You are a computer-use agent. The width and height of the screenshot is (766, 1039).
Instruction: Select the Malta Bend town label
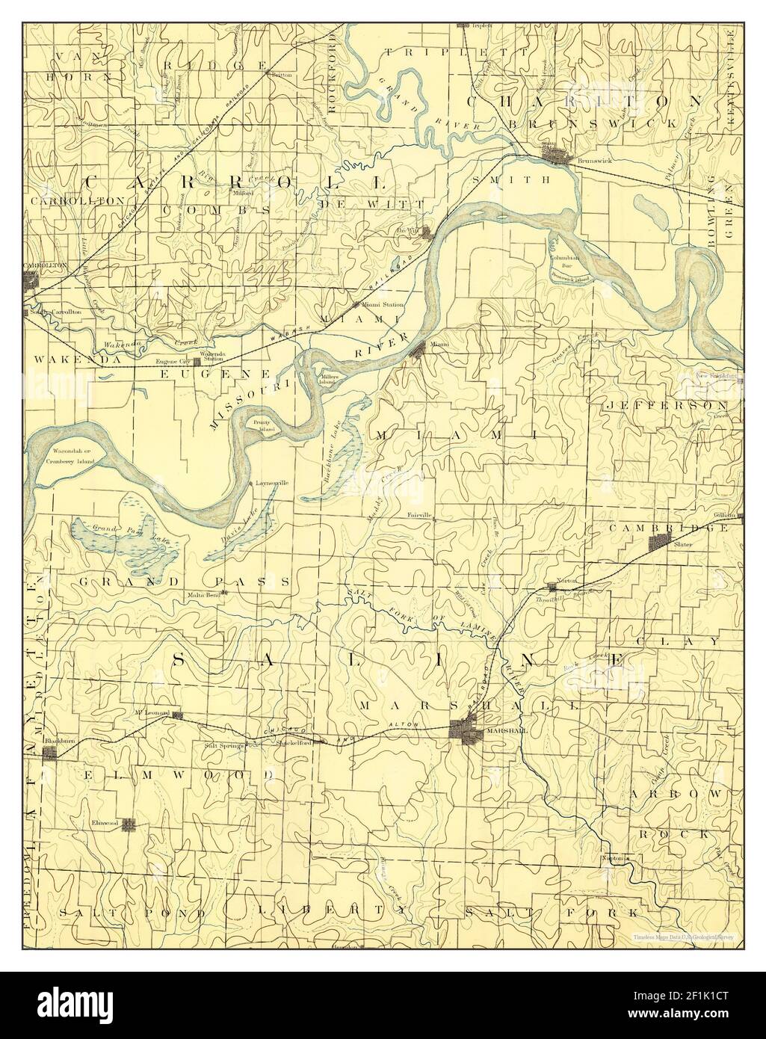click(x=203, y=595)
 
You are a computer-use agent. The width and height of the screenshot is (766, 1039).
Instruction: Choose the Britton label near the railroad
click(x=281, y=75)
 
